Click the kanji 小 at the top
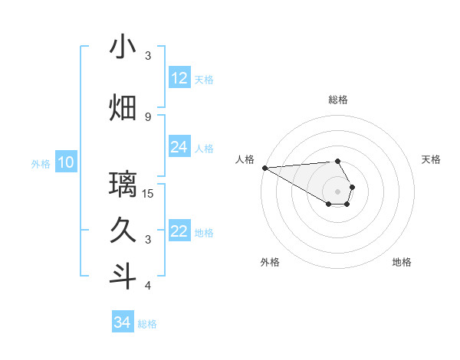pos(123,47)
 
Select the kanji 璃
pos(123,185)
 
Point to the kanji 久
pos(123,231)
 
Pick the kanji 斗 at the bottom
pos(123,277)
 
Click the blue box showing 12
pos(179,78)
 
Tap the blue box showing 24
pos(179,147)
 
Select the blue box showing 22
pos(179,232)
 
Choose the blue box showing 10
pos(66,162)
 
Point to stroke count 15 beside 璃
pos(148,193)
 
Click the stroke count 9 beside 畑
pos(148,116)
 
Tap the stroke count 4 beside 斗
pos(148,286)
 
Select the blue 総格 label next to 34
pos(147,324)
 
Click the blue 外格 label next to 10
pos(41,163)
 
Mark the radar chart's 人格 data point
pos(264,168)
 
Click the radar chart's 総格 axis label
pos(338,100)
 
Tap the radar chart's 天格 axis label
pos(431,159)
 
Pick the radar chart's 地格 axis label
pos(402,262)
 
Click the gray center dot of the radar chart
pos(338,191)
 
